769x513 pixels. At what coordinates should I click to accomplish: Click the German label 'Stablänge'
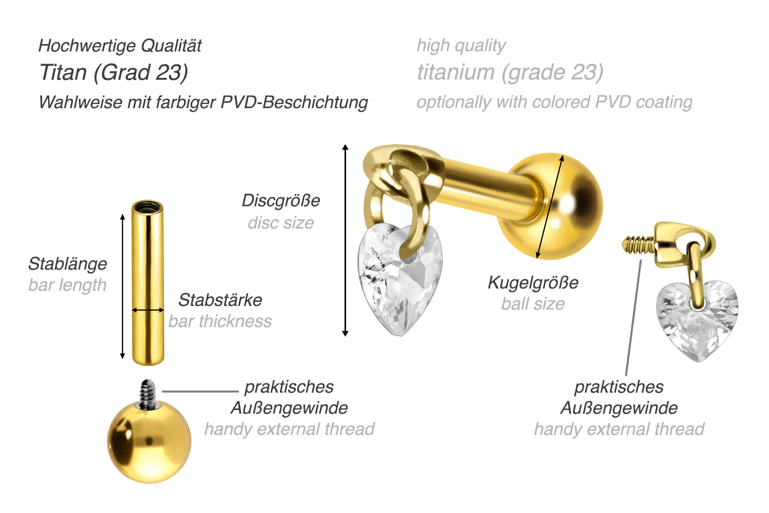pyautogui.click(x=68, y=264)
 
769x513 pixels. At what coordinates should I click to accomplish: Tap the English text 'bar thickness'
pyautogui.click(x=220, y=321)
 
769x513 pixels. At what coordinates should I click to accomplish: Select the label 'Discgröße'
pyautogui.click(x=281, y=200)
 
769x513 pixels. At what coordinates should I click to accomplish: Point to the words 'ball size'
pyautogui.click(x=533, y=304)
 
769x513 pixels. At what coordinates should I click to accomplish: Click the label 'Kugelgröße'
pyautogui.click(x=533, y=282)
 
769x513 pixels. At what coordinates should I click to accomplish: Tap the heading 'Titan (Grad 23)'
pyautogui.click(x=114, y=72)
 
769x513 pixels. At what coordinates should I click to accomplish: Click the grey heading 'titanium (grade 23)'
pyautogui.click(x=510, y=72)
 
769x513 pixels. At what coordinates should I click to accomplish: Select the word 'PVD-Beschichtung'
pyautogui.click(x=294, y=102)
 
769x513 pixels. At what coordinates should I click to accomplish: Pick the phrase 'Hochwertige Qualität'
pyautogui.click(x=120, y=46)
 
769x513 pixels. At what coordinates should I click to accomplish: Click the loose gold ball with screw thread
pyautogui.click(x=149, y=441)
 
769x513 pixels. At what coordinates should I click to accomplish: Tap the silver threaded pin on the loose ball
pyautogui.click(x=148, y=394)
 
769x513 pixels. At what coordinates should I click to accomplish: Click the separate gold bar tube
pyautogui.click(x=148, y=287)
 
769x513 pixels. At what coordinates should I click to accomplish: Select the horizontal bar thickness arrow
pyautogui.click(x=148, y=310)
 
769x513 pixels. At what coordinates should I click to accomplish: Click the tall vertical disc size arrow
pyautogui.click(x=346, y=240)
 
